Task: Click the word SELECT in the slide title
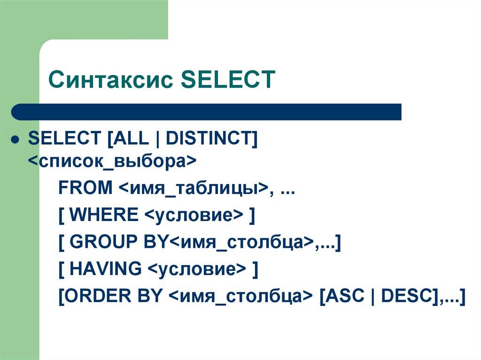[x=228, y=80]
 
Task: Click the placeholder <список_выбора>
[x=112, y=161]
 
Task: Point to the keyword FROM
[x=85, y=188]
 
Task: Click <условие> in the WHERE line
[x=193, y=215]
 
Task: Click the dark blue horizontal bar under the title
[x=207, y=112]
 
